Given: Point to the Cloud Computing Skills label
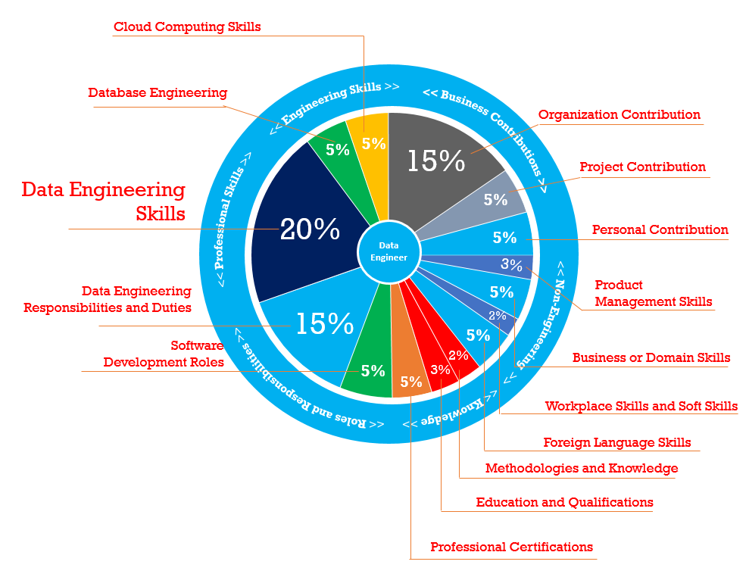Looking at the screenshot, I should click(187, 27).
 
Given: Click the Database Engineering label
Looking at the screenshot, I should click(158, 92).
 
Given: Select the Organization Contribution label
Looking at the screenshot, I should click(619, 114).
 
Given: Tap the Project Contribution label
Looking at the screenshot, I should click(642, 167).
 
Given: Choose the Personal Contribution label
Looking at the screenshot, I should click(660, 229).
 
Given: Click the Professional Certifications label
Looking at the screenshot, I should click(511, 547).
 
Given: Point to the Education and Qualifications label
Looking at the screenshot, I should click(564, 502).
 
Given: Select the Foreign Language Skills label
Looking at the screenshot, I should click(617, 442).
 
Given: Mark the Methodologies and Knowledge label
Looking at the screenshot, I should click(582, 468).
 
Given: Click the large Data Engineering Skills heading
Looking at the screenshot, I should click(103, 201).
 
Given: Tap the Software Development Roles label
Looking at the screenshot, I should click(164, 354).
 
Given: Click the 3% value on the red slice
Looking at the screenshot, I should click(441, 370).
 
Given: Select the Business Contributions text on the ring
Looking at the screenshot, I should click(485, 125).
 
